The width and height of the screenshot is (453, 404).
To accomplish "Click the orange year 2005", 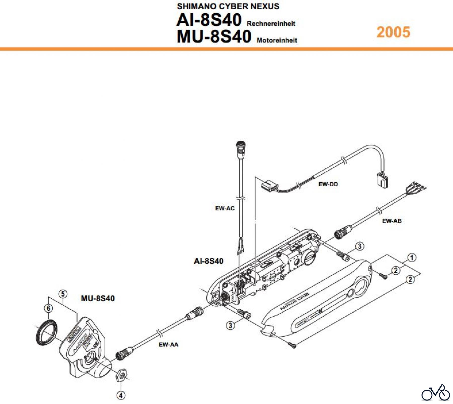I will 393,32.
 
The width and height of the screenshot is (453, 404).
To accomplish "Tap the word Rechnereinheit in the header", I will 271,24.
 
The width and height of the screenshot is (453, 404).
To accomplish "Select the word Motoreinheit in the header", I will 277,40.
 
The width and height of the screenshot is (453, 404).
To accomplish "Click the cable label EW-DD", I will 328,184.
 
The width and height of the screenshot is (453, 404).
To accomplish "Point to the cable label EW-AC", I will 225,208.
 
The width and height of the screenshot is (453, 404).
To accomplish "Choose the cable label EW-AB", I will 392,221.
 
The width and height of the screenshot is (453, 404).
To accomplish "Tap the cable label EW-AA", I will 168,345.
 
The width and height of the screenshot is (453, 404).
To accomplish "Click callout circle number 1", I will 412,258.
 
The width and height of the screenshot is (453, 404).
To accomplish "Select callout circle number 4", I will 121,395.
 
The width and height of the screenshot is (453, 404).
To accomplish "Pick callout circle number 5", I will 63,294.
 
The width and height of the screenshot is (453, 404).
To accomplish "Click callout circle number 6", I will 49,308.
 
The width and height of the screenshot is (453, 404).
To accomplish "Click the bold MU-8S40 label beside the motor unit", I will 98,299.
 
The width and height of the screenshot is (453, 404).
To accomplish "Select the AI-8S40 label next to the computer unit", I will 208,261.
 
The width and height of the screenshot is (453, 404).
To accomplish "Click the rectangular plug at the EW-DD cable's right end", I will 382,180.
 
